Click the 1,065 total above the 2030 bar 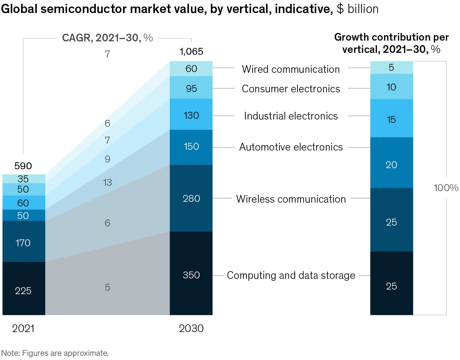pyautogui.click(x=191, y=52)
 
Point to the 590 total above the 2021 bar pyautogui.click(x=23, y=166)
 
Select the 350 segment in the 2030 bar pyautogui.click(x=191, y=275)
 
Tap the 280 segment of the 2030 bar pyautogui.click(x=191, y=198)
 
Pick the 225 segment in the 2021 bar pyautogui.click(x=23, y=291)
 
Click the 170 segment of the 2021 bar pyautogui.click(x=23, y=243)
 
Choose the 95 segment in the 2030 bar pyautogui.click(x=191, y=88)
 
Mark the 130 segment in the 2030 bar pyautogui.click(x=191, y=115)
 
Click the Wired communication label pyautogui.click(x=291, y=69)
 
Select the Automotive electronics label pyautogui.click(x=291, y=147)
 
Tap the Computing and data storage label pyautogui.click(x=291, y=275)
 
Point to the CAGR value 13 pyautogui.click(x=107, y=182)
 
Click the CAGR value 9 pyautogui.click(x=107, y=159)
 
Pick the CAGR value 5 pyautogui.click(x=107, y=287)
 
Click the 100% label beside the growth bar pyautogui.click(x=446, y=188)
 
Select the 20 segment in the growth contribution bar pyautogui.click(x=391, y=165)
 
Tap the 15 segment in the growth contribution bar pyautogui.click(x=391, y=120)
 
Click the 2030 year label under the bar pyautogui.click(x=191, y=329)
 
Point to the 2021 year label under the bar pyautogui.click(x=23, y=329)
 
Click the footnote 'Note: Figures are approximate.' pyautogui.click(x=55, y=353)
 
